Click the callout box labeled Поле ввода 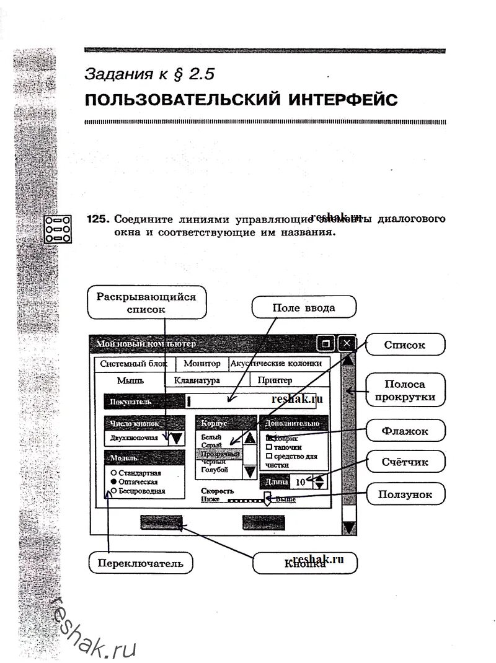304,308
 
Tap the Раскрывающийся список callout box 146,303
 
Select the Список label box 405,345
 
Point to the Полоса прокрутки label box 405,390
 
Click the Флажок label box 405,429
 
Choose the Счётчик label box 405,461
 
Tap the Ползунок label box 405,494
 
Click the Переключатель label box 140,563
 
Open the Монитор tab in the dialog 202,364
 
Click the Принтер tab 275,380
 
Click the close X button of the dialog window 347,343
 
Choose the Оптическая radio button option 114,481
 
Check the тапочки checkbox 268,447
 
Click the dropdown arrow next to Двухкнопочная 176,438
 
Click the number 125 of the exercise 98,219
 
